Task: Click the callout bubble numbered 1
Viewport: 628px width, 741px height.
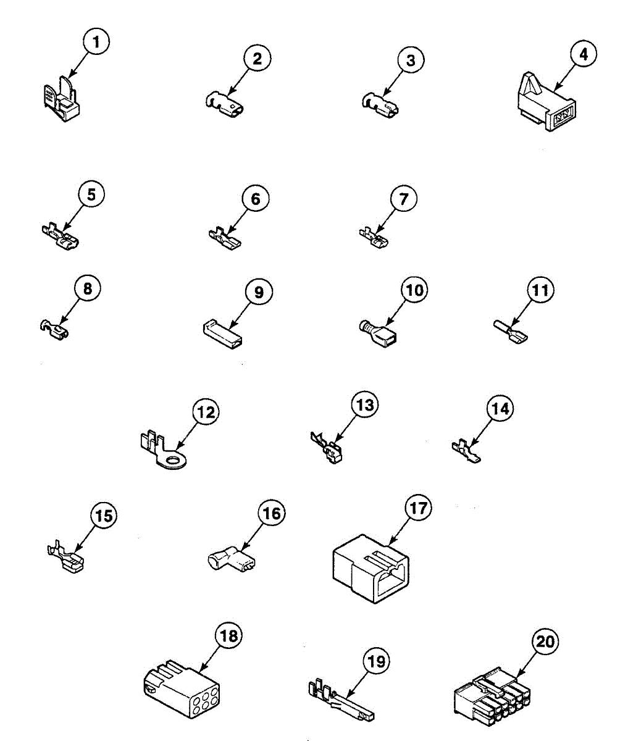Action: click(x=96, y=43)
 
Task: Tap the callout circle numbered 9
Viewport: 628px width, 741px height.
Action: click(x=259, y=291)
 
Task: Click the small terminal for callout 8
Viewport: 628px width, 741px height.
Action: click(x=54, y=329)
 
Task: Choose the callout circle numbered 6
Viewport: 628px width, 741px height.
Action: click(x=256, y=199)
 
